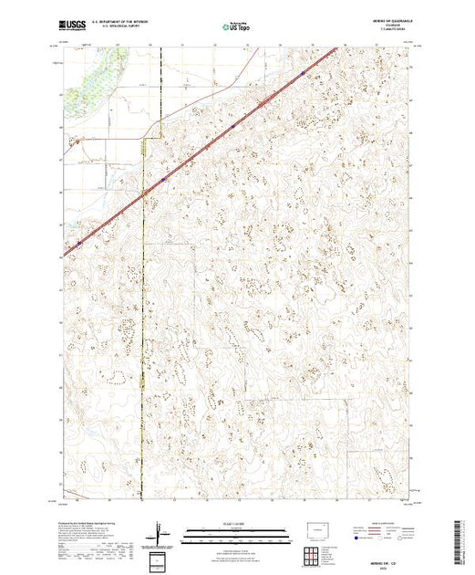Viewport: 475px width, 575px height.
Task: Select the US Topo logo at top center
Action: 238,24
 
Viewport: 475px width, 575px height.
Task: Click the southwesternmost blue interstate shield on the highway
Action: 80,244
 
